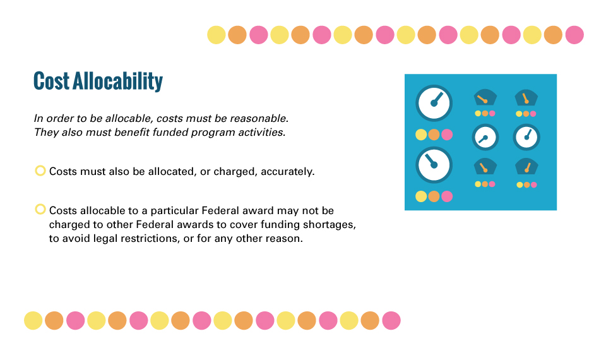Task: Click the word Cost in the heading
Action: click(x=51, y=81)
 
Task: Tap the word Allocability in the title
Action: click(x=118, y=81)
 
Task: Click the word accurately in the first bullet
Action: click(x=288, y=172)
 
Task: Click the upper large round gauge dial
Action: click(x=434, y=103)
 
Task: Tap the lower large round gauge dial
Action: click(x=434, y=165)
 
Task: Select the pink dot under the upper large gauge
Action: click(x=447, y=135)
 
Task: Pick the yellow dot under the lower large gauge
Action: click(x=421, y=196)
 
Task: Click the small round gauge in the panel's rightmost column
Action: click(x=526, y=137)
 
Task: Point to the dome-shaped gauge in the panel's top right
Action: click(x=526, y=98)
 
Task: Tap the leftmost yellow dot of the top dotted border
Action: click(x=217, y=35)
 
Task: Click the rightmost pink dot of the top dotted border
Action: click(x=574, y=35)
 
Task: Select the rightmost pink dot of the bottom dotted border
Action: click(x=391, y=321)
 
